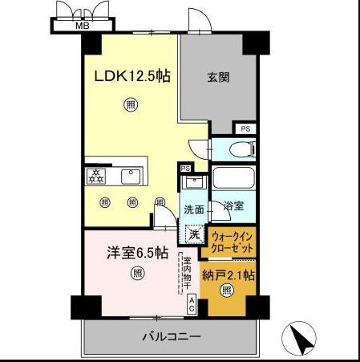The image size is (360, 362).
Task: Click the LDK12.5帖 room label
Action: [x=131, y=77]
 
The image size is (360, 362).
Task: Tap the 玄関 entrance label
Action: [x=218, y=78]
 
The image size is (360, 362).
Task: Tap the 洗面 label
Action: [x=194, y=209]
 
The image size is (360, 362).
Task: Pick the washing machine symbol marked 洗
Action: [x=194, y=235]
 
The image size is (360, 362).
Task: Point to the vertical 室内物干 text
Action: [x=184, y=272]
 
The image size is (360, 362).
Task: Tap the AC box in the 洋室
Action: [x=192, y=304]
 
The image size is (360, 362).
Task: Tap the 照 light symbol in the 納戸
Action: [x=227, y=291]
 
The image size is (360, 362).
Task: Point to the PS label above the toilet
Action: [x=245, y=128]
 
